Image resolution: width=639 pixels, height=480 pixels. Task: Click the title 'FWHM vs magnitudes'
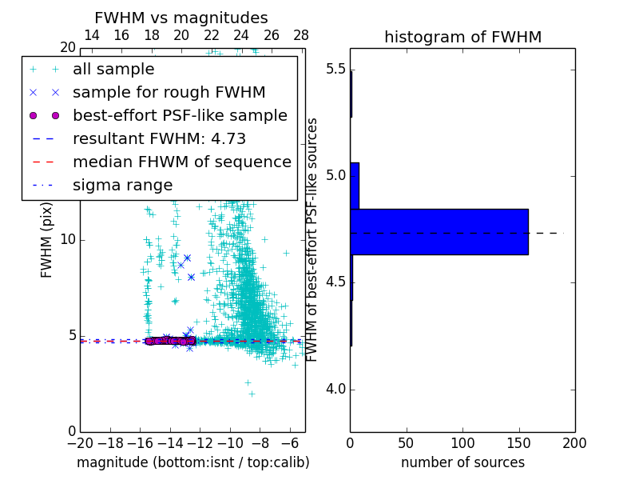click(x=181, y=18)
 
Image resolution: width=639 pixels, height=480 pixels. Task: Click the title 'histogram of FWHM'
click(x=462, y=37)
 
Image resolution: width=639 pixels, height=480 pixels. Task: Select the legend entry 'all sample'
click(x=113, y=70)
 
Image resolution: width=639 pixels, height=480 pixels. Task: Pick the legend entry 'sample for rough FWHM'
click(x=169, y=92)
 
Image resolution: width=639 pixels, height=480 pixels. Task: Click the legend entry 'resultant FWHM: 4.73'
click(x=159, y=138)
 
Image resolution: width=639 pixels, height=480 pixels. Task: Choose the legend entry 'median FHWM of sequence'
click(x=181, y=162)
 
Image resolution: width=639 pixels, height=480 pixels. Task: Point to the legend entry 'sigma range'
click(x=122, y=185)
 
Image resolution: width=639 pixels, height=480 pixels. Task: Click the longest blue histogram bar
click(x=439, y=231)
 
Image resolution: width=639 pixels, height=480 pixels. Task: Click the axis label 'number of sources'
click(x=462, y=462)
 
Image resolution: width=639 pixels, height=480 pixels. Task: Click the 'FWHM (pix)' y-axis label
click(x=47, y=239)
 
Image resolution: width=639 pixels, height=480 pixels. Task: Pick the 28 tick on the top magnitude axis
click(x=301, y=35)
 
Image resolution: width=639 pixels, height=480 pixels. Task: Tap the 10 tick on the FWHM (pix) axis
click(x=67, y=240)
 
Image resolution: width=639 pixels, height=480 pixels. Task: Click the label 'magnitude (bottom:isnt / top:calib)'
click(x=192, y=462)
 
